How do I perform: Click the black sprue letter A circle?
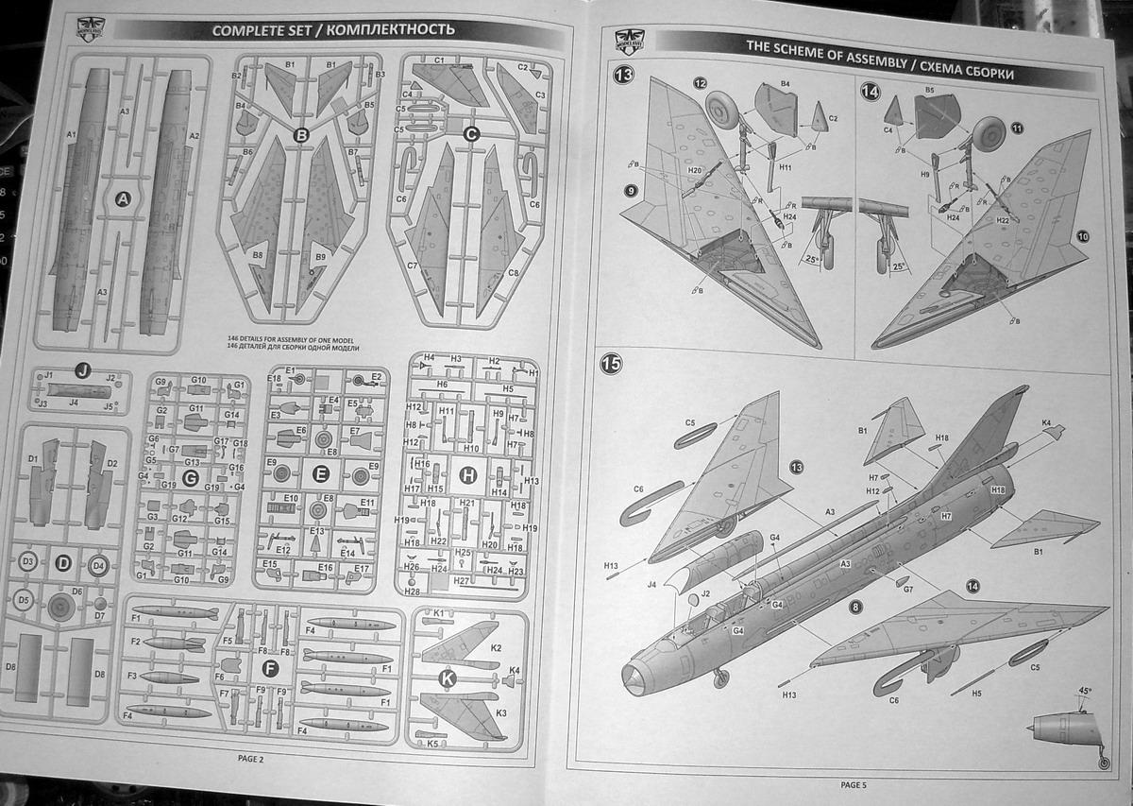(121, 199)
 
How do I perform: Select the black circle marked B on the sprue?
(302, 136)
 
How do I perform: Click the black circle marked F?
(271, 668)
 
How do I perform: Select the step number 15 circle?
(613, 364)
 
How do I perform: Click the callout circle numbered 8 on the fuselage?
(855, 606)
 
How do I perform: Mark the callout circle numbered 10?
(1082, 235)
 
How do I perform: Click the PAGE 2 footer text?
(250, 758)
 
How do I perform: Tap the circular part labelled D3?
(28, 562)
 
